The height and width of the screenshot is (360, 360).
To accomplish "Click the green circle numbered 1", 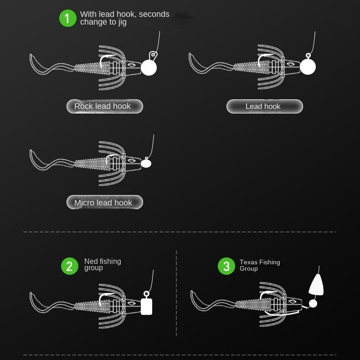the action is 68,18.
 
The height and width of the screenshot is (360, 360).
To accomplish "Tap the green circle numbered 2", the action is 70,266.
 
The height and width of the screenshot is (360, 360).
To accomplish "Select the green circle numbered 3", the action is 226,266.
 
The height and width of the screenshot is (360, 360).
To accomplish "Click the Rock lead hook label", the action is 105,106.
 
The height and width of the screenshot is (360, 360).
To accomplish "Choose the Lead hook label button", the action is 264,106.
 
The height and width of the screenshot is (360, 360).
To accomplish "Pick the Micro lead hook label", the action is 105,202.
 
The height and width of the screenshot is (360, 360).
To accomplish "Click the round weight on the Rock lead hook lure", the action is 149,67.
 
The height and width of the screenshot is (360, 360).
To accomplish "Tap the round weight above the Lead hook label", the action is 308,67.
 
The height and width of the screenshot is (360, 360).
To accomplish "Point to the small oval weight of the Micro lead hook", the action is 146,164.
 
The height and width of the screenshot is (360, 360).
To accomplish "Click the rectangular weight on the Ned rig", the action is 146,307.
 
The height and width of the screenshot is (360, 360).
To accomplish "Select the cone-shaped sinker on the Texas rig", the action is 316,284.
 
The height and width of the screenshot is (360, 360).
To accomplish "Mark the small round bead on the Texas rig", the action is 313,303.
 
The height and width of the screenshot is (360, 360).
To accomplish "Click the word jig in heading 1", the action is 123,22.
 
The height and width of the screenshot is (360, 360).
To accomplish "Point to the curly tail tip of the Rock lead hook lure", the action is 31,55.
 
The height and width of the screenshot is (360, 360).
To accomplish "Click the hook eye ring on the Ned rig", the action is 146,293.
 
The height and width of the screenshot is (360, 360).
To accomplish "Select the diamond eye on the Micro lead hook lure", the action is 132,160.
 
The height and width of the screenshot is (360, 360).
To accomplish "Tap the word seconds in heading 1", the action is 154,14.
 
